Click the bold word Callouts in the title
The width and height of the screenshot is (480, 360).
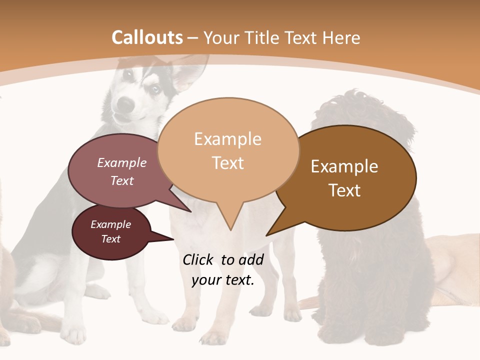point(147,38)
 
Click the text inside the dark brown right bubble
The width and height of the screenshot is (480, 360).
point(344,178)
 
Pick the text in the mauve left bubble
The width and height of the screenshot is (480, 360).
point(122,171)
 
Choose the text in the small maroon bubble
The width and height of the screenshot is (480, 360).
point(110,231)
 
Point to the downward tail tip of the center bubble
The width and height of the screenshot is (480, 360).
point(230,229)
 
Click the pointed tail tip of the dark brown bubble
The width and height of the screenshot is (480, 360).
point(267,235)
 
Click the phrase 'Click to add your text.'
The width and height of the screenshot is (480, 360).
point(223,269)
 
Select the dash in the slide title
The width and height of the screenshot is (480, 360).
point(192,38)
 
